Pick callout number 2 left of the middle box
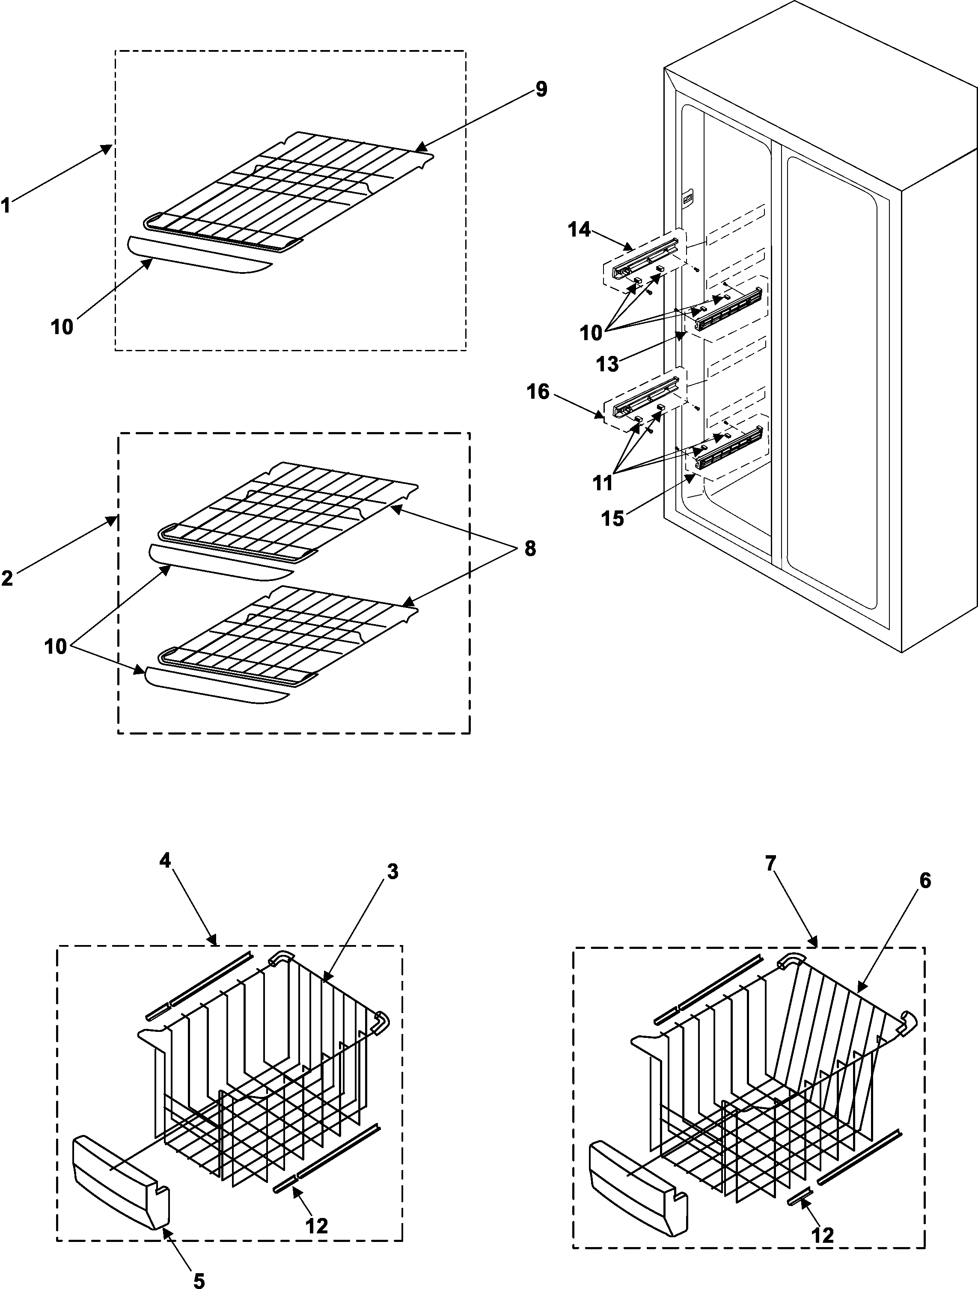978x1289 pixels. (7, 578)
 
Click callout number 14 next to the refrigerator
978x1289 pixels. (580, 230)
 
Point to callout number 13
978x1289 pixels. (607, 364)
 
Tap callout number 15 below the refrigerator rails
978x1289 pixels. (612, 518)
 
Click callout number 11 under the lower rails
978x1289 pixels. (603, 483)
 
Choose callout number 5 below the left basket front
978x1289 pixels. (199, 1279)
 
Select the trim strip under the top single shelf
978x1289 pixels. (198, 255)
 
